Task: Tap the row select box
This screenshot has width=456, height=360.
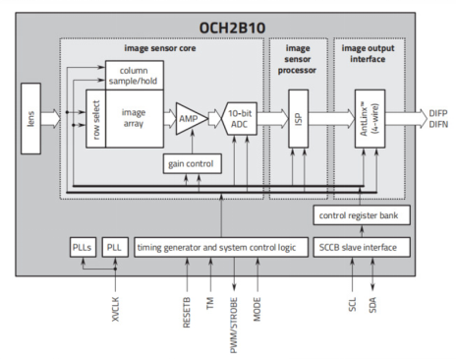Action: click(94, 119)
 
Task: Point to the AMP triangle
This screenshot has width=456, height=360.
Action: click(187, 119)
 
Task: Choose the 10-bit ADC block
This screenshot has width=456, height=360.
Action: click(240, 119)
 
